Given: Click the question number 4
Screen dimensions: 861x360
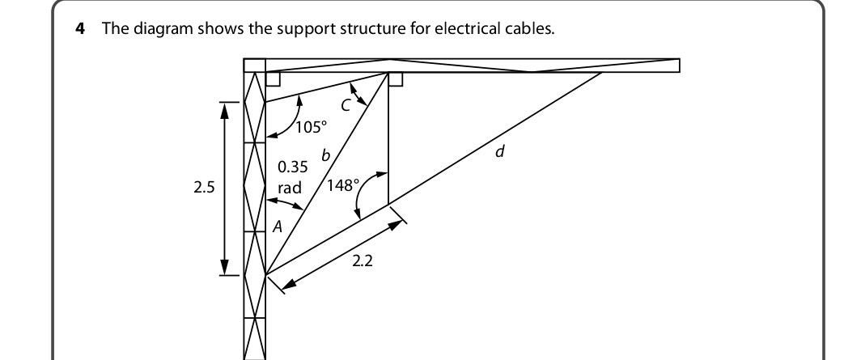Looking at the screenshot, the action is pos(80,28).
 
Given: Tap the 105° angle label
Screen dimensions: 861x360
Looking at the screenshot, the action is pos(311,127).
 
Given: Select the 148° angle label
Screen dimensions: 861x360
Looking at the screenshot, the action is pos(343,185).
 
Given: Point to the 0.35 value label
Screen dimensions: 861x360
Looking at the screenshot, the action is pos(293,167).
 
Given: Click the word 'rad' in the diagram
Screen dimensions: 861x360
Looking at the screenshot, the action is pos(290,188).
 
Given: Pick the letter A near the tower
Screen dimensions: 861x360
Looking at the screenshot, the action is pos(278,226).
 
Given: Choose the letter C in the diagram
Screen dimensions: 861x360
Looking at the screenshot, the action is pos(345,106).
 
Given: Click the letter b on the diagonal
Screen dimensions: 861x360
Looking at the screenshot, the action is pos(325,155).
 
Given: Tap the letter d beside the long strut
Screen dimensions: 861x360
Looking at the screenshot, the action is pos(499,151).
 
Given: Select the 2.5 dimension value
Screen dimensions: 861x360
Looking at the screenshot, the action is pos(204,188).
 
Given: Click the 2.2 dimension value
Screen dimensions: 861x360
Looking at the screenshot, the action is pos(363,261).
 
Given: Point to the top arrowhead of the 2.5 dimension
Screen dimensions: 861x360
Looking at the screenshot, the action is pos(224,109).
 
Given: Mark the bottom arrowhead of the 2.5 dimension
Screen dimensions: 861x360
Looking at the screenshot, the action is pos(224,267).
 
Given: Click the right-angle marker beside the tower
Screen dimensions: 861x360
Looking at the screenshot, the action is pos(273,79).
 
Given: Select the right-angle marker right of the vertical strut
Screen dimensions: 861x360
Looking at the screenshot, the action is pos(396,79).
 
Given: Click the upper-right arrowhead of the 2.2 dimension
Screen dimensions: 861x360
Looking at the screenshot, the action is pos(397,225).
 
